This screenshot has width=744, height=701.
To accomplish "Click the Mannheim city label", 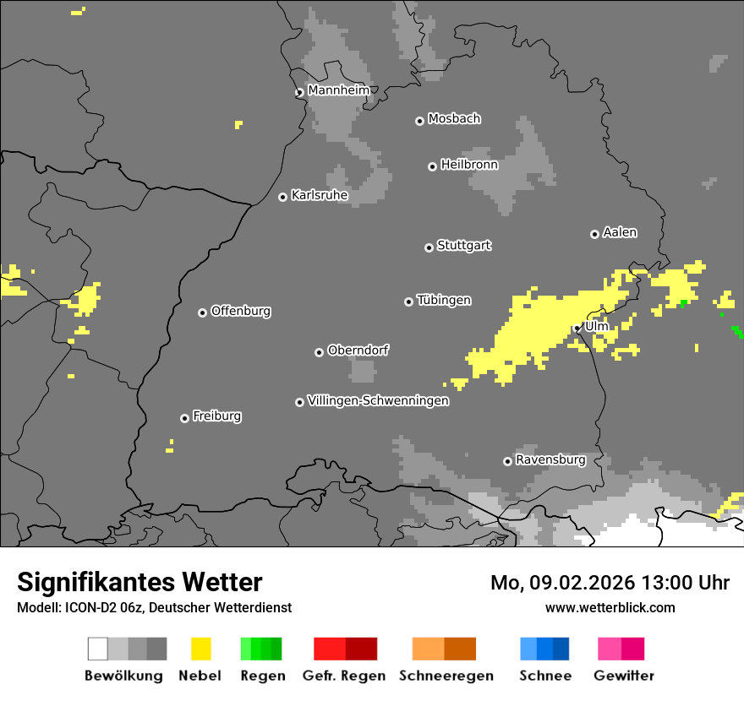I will click(x=338, y=90).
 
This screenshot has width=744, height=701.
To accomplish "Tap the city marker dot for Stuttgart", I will click(x=429, y=247).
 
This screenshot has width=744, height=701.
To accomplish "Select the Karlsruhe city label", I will click(x=319, y=195).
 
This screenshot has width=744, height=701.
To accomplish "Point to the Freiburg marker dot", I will click(x=184, y=418).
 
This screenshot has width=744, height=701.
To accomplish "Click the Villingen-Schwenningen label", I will click(x=378, y=400).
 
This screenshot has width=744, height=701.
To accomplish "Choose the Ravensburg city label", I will click(x=550, y=459).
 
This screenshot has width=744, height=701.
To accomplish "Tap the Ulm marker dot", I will click(x=577, y=329).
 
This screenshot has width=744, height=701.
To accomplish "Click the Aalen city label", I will click(x=620, y=232).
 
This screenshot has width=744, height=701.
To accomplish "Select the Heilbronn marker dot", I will click(x=432, y=166).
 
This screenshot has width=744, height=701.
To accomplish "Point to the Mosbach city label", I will click(x=454, y=119).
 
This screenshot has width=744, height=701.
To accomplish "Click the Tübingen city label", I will click(x=444, y=300).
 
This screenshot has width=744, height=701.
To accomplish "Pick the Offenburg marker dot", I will click(x=202, y=312).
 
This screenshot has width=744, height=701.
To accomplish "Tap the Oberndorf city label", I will click(x=358, y=350).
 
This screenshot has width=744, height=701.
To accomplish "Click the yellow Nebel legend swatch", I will click(x=200, y=649).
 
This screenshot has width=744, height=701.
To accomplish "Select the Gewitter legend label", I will click(x=623, y=676).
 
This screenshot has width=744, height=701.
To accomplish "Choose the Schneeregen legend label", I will click(x=446, y=676).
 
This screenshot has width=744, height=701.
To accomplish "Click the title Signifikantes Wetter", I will click(x=139, y=582).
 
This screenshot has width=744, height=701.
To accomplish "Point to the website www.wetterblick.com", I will click(x=610, y=607).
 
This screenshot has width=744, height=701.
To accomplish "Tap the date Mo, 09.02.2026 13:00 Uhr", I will click(x=610, y=583).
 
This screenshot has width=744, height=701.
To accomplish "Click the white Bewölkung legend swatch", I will click(x=98, y=649).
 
